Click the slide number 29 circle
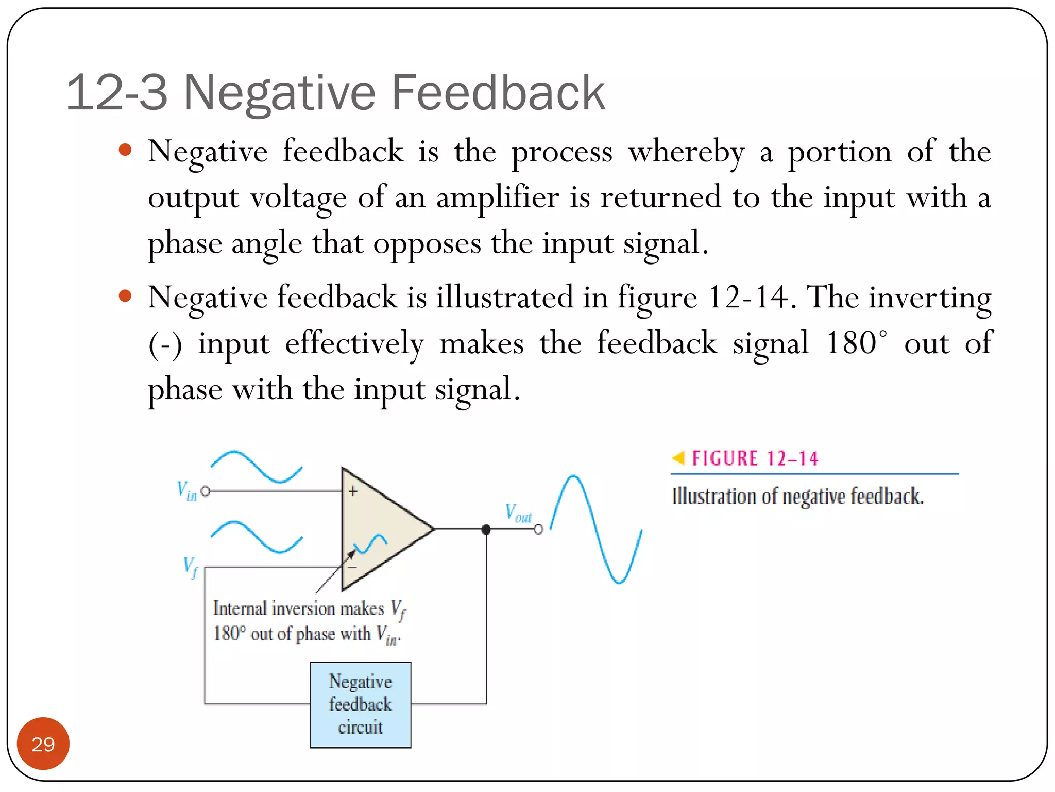[43, 744]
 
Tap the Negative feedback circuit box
[361, 704]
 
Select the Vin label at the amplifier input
[186, 490]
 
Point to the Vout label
[518, 514]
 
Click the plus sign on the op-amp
[353, 491]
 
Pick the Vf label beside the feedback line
[190, 567]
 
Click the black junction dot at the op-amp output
[486, 530]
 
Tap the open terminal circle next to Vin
[206, 491]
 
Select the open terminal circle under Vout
[538, 530]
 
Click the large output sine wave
[596, 529]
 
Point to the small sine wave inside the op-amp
[370, 543]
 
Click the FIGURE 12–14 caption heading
[755, 458]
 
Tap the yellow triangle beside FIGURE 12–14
[678, 457]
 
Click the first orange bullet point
[125, 151]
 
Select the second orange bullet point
[125, 296]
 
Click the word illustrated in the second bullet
[504, 298]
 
